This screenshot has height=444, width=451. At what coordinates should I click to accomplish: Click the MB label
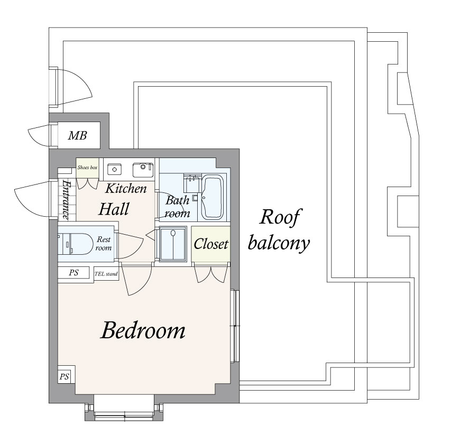coord(77,135)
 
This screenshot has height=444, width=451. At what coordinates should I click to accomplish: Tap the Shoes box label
coord(87,168)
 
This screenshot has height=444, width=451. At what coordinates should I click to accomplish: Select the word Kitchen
coord(126,189)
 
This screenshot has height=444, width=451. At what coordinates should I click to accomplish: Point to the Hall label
coord(114,209)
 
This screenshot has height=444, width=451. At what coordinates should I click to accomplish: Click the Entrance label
coord(67,200)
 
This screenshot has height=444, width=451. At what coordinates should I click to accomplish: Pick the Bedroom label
coord(143,330)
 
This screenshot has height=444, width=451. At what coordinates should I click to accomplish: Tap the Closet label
coord(211,244)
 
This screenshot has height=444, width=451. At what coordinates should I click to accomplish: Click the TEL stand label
coord(106,274)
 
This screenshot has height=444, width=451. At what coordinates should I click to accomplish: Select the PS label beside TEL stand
coord(73,272)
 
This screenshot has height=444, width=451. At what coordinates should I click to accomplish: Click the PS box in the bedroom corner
coord(64,376)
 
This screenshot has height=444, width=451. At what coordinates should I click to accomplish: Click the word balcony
coord(279,243)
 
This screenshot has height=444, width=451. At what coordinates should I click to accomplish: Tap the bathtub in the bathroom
coord(212,197)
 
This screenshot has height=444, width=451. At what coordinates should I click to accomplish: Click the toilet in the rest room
coord(74,244)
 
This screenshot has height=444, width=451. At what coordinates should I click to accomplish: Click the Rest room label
coord(104,244)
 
